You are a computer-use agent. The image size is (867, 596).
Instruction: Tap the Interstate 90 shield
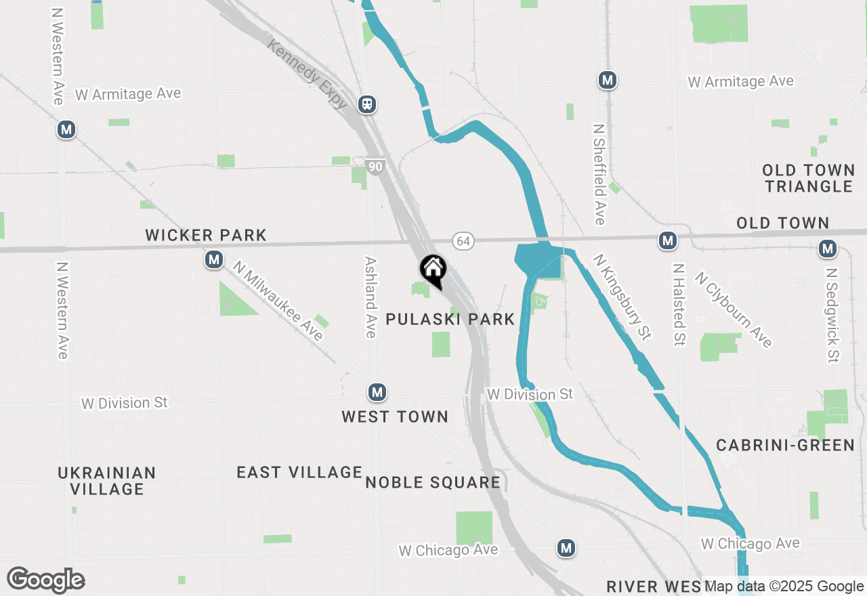[x=375, y=166]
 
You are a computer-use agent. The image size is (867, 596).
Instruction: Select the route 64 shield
[x=463, y=241]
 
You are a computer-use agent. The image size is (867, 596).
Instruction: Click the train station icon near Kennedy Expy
[x=367, y=104]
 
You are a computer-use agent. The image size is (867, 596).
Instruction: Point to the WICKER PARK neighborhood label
[x=206, y=236]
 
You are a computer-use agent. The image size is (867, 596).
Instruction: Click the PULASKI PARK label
[x=450, y=320]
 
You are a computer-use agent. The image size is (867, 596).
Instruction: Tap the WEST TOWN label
[x=395, y=417]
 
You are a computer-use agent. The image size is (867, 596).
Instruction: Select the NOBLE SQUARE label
[x=433, y=483]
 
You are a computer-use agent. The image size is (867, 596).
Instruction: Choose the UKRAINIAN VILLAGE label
[x=107, y=481]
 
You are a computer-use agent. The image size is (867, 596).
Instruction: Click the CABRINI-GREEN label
[x=786, y=446]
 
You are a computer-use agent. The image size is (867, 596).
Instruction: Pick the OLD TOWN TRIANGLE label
[x=808, y=178]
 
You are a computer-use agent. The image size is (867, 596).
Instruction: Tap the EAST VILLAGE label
[x=299, y=472]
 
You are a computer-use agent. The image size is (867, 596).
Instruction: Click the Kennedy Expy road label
[x=308, y=74]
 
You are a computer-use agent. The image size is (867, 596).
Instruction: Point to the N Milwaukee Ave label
[x=278, y=301]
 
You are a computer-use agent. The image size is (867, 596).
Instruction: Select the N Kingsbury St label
[x=622, y=297]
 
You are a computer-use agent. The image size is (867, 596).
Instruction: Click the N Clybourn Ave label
[x=734, y=310]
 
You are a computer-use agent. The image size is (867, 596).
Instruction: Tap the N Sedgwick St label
[x=832, y=314]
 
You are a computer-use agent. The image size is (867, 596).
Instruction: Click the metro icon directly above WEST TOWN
[x=377, y=392]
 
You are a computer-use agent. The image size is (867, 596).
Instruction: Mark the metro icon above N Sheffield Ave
[x=608, y=80]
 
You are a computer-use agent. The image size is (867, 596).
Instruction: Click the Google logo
[x=46, y=580]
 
